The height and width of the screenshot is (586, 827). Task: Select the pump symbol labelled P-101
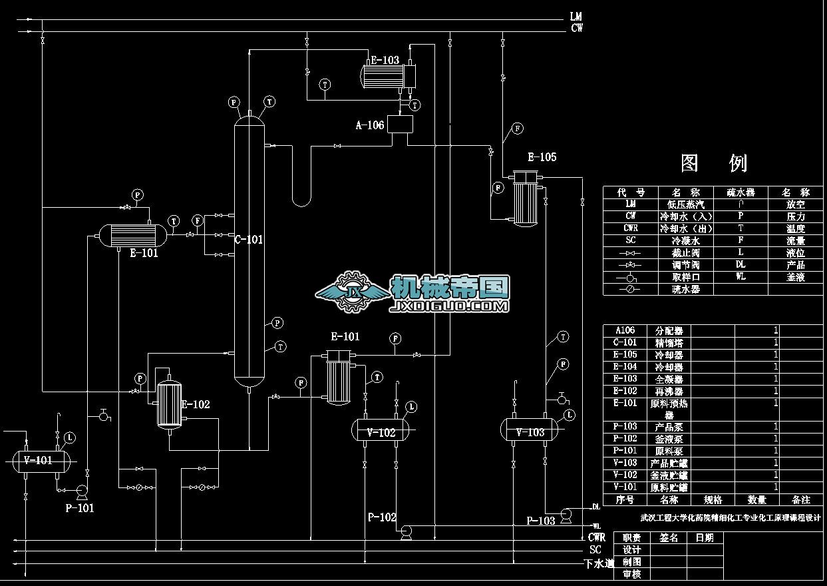click(83, 491)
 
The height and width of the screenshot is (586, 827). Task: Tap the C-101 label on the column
click(249, 240)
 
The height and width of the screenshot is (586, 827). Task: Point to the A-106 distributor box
click(399, 125)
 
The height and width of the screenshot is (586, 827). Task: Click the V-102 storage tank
click(381, 432)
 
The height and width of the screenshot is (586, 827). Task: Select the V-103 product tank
click(530, 432)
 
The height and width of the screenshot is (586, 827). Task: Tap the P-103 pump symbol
click(567, 514)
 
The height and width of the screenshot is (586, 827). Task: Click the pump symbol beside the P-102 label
click(405, 531)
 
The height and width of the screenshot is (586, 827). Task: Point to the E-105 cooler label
click(542, 158)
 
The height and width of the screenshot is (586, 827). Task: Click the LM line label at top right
click(576, 16)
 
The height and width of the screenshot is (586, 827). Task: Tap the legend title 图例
click(714, 163)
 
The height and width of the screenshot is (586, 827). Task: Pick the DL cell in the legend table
click(741, 264)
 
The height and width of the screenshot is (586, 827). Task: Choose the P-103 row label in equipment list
click(625, 427)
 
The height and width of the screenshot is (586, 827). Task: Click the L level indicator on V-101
click(71, 438)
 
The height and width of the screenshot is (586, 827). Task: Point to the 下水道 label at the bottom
click(596, 564)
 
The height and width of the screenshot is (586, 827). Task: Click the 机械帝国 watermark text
click(450, 288)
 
